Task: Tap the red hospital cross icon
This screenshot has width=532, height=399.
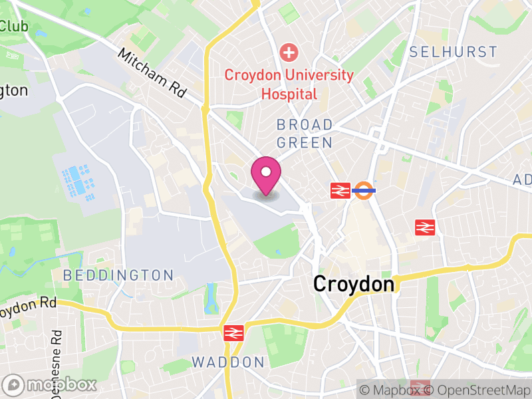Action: click(289, 52)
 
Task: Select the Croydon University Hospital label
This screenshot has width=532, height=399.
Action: click(289, 84)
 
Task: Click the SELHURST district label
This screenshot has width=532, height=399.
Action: click(453, 52)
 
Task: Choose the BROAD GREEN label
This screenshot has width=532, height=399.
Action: click(305, 134)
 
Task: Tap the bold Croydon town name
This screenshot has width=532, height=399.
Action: click(354, 285)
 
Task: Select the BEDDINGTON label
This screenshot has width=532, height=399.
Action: click(119, 275)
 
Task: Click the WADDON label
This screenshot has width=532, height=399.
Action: click(228, 362)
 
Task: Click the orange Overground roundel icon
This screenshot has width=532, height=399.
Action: click(364, 190)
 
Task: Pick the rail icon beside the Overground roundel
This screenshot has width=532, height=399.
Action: click(340, 191)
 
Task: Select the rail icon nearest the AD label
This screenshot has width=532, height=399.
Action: click(424, 227)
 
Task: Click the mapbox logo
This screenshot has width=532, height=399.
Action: click(51, 384)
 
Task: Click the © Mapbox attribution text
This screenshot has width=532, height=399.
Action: click(392, 390)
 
